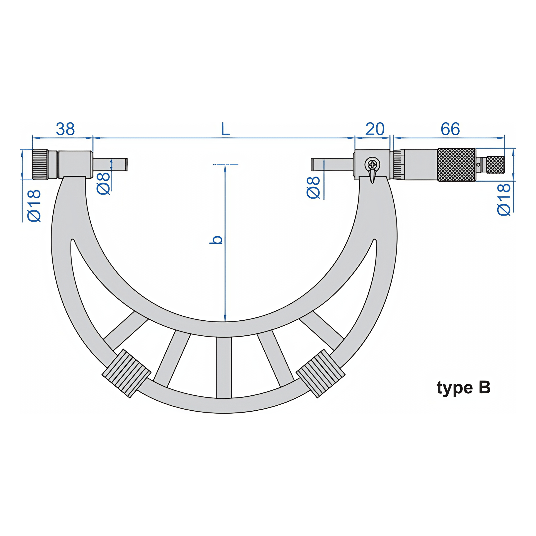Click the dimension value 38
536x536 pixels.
pos(65,129)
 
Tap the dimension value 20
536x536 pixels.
pos(375,129)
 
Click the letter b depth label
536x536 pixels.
pos(216,240)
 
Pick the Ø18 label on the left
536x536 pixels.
pos(34,206)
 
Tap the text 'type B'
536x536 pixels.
pos(464,388)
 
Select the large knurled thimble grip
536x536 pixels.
pos(456,165)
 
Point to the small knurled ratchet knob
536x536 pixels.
pos(496,165)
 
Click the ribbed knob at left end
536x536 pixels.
pos(40,165)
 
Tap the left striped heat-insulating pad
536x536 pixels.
pos(126,373)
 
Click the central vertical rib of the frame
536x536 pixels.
pos(224,368)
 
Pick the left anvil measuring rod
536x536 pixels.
pos(110,165)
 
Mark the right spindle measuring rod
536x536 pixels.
pos(332,165)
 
